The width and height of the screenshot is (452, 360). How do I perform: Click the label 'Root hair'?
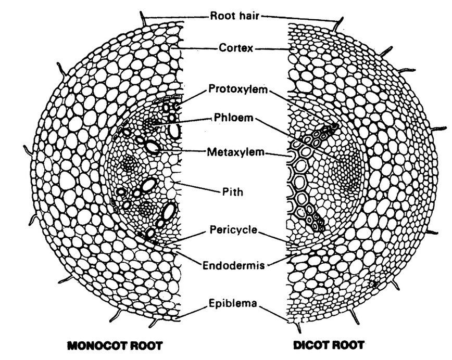235,16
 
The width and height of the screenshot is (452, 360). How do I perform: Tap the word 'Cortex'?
235,48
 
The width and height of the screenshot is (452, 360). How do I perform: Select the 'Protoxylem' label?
238,88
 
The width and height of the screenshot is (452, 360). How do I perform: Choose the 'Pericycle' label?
233,229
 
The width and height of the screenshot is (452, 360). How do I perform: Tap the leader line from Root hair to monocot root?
177,18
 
